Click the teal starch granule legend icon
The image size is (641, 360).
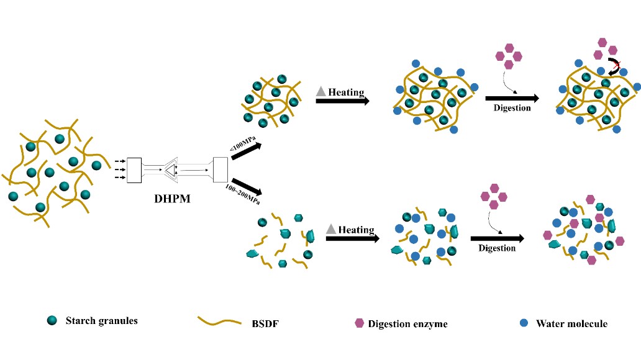[x=52, y=321]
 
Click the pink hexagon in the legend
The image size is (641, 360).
[x=359, y=323]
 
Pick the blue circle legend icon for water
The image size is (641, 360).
[x=524, y=323]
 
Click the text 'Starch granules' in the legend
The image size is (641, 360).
[x=101, y=321]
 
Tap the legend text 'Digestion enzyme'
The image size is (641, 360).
[x=407, y=323]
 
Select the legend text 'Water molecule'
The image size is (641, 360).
[x=571, y=323]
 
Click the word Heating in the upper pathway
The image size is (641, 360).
[x=346, y=92]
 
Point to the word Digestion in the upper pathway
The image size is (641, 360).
[x=512, y=107]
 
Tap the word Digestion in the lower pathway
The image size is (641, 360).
[x=497, y=248]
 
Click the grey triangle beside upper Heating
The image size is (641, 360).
[x=321, y=92]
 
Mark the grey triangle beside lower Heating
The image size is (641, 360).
[x=331, y=230]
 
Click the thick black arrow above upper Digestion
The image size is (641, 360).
[x=511, y=98]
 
